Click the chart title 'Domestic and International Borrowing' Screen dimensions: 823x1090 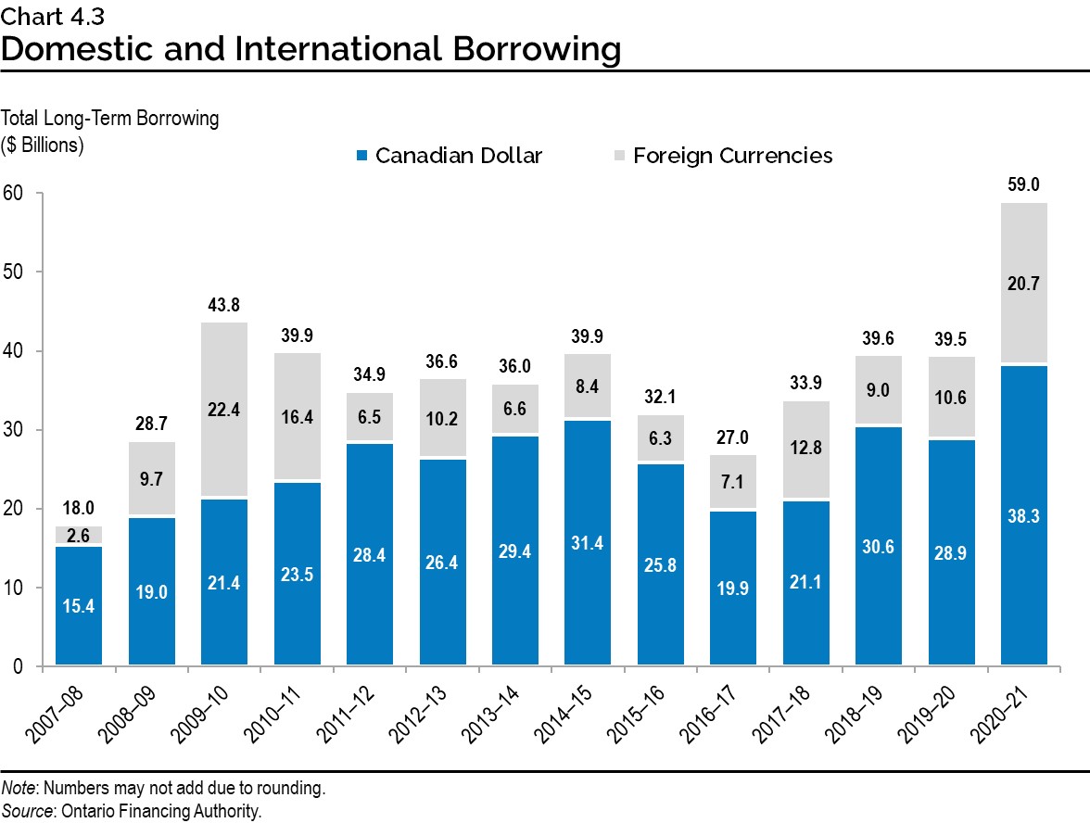coord(311,48)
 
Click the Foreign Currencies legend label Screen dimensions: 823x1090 coord(732,156)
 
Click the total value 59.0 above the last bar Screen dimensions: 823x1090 coord(1024,184)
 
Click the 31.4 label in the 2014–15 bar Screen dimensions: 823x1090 coord(588,542)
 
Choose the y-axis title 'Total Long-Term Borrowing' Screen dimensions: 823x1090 coord(110,119)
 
